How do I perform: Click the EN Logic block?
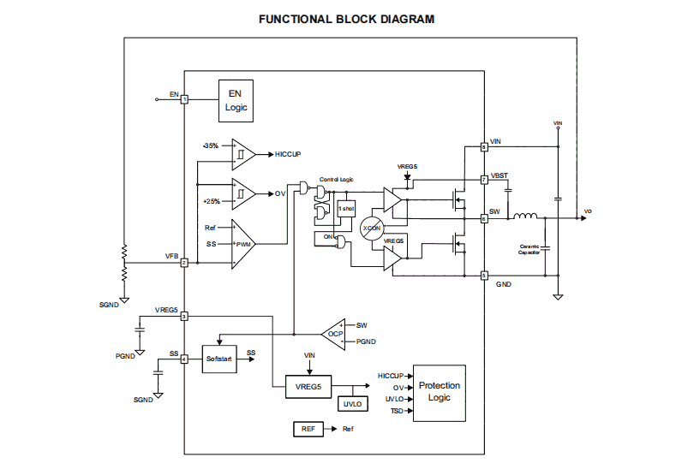pos(236,100)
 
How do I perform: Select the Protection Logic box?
pos(439,391)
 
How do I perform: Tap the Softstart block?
pos(218,359)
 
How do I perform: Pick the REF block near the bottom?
pos(308,428)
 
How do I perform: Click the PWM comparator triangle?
pos(242,244)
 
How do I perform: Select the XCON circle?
pos(372,229)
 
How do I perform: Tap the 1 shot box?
pos(346,208)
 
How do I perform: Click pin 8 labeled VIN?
pos(484,147)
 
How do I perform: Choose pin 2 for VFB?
pos(184,263)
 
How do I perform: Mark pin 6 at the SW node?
pos(484,218)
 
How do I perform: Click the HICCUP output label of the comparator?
pos(289,154)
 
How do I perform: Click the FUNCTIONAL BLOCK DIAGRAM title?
pos(346,19)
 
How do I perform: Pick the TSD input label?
pos(397,412)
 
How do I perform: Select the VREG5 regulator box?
pos(308,386)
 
